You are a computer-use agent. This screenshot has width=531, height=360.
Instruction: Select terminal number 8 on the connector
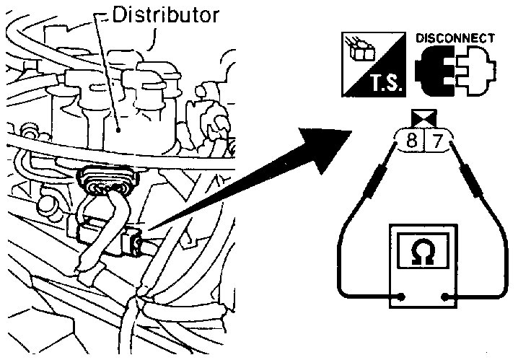tap(411, 140)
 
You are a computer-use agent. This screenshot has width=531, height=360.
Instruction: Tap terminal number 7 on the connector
tap(434, 140)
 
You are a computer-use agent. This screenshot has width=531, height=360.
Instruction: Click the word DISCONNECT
tap(456, 38)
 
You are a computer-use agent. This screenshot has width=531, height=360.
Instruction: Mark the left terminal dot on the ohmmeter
tap(401, 296)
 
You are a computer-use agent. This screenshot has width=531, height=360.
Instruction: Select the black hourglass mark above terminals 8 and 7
tap(422, 118)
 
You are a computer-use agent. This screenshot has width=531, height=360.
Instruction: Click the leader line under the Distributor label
tap(107, 72)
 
